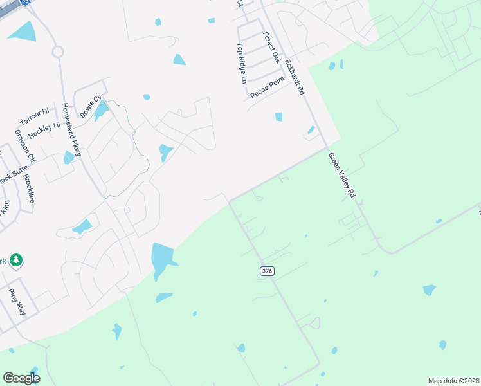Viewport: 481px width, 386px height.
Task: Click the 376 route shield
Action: [x=268, y=271]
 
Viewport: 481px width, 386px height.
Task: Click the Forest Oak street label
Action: [x=273, y=49]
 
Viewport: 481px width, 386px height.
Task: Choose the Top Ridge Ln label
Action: [x=242, y=63]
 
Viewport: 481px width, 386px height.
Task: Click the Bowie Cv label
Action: [x=91, y=106]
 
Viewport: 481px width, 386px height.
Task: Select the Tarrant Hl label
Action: [x=34, y=117]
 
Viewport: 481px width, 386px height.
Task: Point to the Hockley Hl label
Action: [x=44, y=131]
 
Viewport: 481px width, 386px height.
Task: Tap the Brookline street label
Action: [x=28, y=188]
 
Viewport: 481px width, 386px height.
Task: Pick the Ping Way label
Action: [x=17, y=300]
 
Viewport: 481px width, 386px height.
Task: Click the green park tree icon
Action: [x=16, y=261]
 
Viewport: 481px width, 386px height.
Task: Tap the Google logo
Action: [x=21, y=378]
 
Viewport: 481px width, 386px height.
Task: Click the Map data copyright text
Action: [x=453, y=381]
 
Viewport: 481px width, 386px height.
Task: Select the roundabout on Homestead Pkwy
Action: [x=57, y=51]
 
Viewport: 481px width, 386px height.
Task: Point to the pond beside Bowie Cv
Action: [x=101, y=111]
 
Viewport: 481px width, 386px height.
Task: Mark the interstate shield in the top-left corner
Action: [x=24, y=2]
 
